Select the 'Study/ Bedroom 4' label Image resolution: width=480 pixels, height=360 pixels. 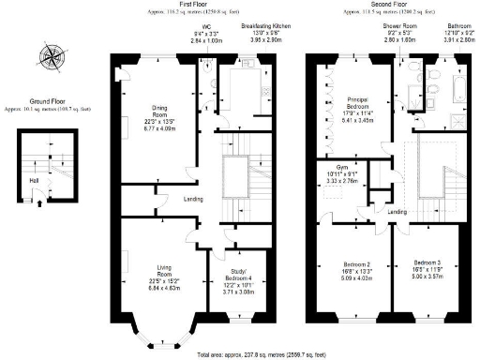[241, 275]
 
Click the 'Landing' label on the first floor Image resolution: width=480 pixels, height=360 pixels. [194, 199]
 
